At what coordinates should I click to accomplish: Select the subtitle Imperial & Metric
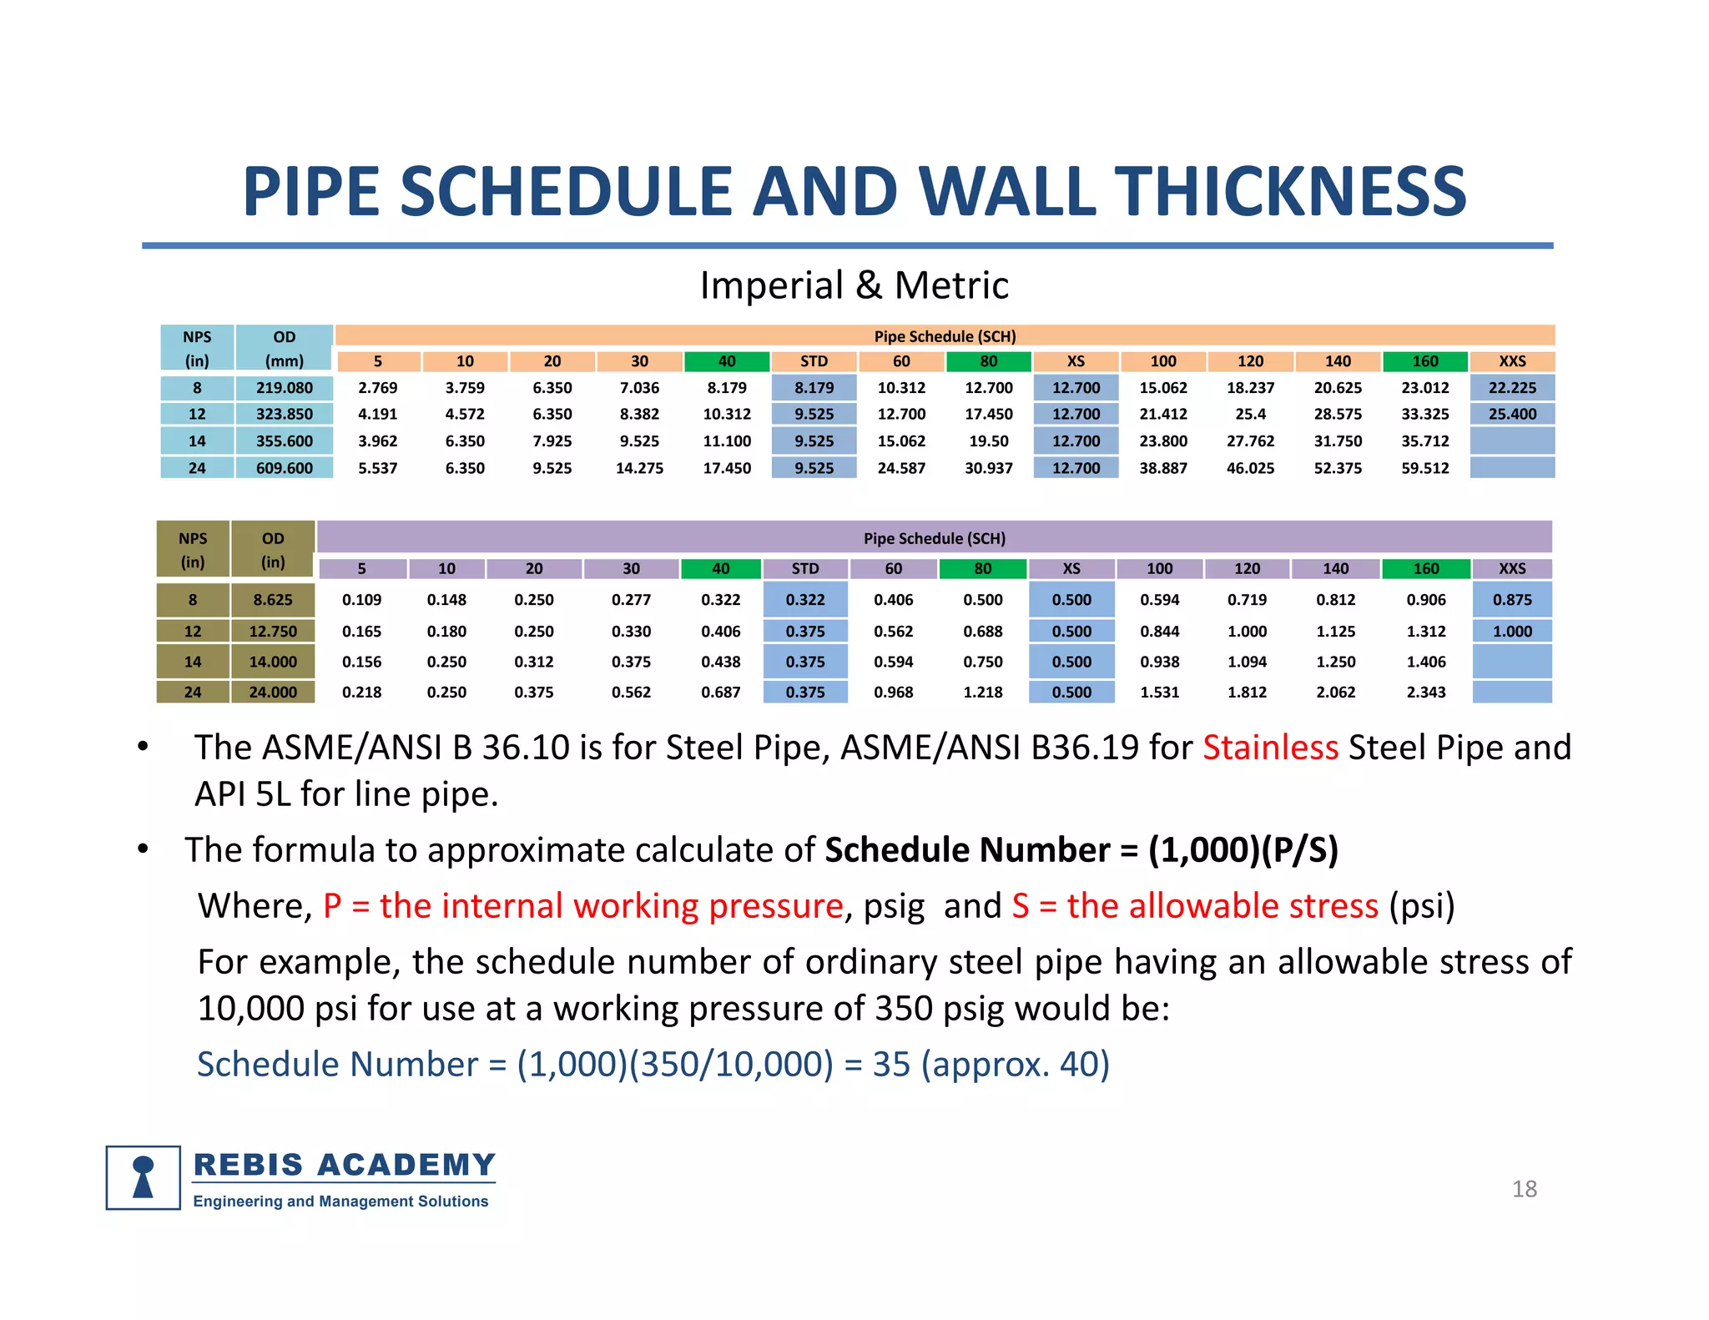[854, 285]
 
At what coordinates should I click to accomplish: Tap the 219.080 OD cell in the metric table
[284, 388]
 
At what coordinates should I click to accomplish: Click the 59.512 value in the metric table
[1424, 468]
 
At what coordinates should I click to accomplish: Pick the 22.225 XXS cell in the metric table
[1511, 388]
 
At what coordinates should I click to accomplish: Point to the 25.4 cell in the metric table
[1250, 415]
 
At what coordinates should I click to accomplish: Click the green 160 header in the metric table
[1424, 361]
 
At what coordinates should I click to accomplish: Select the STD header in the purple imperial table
[804, 569]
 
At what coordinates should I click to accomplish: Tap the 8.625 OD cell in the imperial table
[273, 600]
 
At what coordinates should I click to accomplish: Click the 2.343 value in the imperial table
[1425, 693]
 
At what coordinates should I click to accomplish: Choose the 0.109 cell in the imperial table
[361, 600]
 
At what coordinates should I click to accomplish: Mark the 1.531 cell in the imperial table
[1159, 693]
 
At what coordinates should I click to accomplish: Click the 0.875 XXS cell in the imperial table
[1511, 600]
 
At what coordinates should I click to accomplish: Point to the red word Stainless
[1269, 748]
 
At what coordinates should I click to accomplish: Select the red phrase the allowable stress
[1222, 906]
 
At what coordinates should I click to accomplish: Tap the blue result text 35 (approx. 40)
[991, 1065]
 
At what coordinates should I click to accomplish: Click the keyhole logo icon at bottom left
[144, 1177]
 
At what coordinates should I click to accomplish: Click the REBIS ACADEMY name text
[344, 1165]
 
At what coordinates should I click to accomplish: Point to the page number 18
[1524, 1189]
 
